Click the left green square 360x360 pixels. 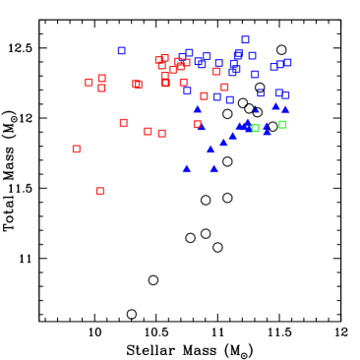[x=255, y=128]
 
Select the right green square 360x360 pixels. [x=282, y=124]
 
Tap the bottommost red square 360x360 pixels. [x=100, y=191]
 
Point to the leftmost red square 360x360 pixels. [x=77, y=149]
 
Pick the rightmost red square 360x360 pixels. [x=224, y=88]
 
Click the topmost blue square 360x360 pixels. [x=245, y=40]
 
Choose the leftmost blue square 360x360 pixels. [x=122, y=50]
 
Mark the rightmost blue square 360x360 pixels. [x=287, y=62]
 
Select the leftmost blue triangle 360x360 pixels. [x=187, y=168]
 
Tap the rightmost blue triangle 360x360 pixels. [x=285, y=109]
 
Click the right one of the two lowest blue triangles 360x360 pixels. [x=213, y=168]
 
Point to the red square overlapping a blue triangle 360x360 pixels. [x=198, y=124]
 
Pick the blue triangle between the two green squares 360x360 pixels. [x=267, y=129]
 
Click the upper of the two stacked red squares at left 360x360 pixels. [x=101, y=78]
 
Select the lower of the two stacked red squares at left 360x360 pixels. [x=101, y=88]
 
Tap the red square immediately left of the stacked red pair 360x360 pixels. [x=89, y=83]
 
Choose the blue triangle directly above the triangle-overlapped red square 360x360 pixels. [x=198, y=109]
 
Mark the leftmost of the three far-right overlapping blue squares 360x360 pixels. [x=273, y=67]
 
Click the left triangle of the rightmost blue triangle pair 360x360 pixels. [x=275, y=105]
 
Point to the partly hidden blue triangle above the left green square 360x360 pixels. [x=255, y=109]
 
